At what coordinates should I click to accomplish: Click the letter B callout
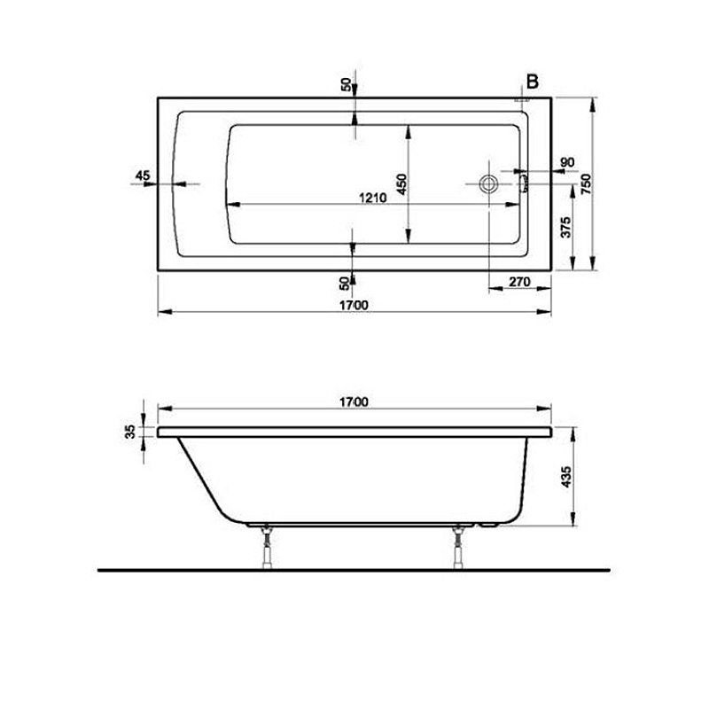533,82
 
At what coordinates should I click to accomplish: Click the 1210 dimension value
372,199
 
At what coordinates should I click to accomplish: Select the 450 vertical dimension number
401,183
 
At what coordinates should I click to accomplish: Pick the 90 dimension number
568,161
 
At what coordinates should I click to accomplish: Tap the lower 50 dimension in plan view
346,283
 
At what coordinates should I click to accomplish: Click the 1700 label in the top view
354,305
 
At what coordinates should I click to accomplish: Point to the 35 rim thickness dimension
130,432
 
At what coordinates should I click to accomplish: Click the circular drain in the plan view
487,184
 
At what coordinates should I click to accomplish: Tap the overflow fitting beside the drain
523,182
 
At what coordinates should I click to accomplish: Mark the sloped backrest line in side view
199,479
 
